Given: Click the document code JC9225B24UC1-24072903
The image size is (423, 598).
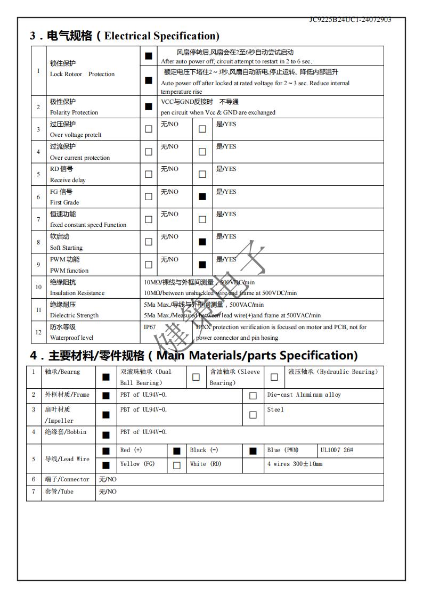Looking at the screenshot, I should [x=350, y=20].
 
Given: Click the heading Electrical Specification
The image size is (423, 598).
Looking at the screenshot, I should [x=161, y=36].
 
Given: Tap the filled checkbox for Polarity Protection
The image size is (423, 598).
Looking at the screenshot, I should [x=149, y=107].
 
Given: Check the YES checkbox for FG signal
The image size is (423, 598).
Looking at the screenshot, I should [x=202, y=196].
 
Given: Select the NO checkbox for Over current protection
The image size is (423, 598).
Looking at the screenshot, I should [x=149, y=152].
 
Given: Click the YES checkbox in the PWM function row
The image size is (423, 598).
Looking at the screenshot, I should [x=202, y=264].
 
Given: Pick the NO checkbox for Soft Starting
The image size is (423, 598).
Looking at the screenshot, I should [x=149, y=242].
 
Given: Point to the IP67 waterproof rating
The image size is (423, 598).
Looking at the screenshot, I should [x=150, y=327].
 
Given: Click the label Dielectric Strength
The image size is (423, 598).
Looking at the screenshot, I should [x=74, y=315].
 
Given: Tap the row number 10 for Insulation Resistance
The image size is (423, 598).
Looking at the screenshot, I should [x=38, y=287].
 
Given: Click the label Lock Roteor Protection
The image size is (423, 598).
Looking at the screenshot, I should [x=82, y=74].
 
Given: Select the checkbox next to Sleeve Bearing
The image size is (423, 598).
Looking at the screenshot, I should [x=196, y=377].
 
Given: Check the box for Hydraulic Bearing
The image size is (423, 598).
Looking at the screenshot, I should [x=274, y=377].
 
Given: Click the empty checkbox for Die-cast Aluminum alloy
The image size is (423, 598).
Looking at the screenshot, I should [x=253, y=396].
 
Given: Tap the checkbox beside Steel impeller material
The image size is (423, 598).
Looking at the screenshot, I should [x=253, y=415].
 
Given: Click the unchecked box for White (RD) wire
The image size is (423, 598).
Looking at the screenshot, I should [x=177, y=465].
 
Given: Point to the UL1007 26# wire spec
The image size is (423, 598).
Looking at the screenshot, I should [x=337, y=450].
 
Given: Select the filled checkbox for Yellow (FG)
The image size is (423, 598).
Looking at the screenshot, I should [x=106, y=465].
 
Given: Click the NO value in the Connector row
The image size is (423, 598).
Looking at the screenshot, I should [x=108, y=479].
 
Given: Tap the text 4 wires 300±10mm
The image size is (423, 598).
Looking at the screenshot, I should [x=295, y=464].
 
